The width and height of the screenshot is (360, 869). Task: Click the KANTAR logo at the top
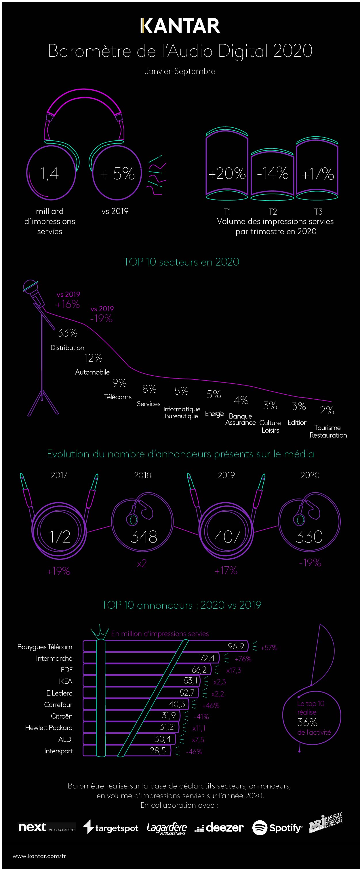point(180,26)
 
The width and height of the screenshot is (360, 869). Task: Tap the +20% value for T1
point(227,173)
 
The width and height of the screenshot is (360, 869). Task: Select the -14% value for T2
point(273,173)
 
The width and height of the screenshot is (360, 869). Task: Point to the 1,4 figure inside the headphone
point(49,174)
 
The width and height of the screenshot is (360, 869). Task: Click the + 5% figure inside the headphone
point(117,174)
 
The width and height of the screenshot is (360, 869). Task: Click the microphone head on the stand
point(31,287)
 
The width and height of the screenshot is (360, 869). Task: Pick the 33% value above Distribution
point(67,333)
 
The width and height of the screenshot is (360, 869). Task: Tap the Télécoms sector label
point(118,397)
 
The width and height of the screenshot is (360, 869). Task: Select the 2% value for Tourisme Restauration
point(327,410)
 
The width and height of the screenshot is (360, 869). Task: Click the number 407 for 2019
point(227,536)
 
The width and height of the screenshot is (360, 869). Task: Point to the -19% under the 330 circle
point(310,563)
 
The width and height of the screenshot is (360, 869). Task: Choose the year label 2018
point(142,475)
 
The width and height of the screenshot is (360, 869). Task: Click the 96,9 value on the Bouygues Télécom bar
point(236,646)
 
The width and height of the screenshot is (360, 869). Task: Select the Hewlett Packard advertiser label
point(49,728)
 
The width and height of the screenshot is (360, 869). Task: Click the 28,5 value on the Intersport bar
point(158,750)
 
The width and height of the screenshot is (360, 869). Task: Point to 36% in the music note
point(307,722)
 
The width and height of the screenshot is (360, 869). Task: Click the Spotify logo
point(277,828)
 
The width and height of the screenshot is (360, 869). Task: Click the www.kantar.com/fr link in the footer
point(39,855)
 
